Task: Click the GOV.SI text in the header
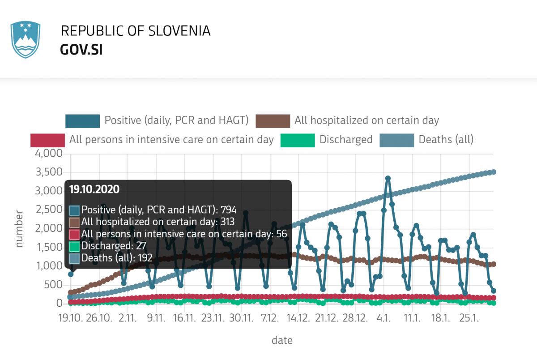[x=81, y=50]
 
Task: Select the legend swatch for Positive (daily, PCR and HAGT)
[x=82, y=120]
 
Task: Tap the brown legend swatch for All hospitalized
[x=273, y=120]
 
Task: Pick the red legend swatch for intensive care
[x=47, y=140]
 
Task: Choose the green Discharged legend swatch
[x=298, y=140]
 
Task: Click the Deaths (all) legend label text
[x=446, y=140]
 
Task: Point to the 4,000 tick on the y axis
[x=49, y=154]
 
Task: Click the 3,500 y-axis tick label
[x=49, y=173]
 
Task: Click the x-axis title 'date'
[x=282, y=340]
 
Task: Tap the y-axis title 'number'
[x=19, y=228]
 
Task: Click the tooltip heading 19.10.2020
[x=94, y=189]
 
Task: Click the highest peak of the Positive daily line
[x=388, y=178]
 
